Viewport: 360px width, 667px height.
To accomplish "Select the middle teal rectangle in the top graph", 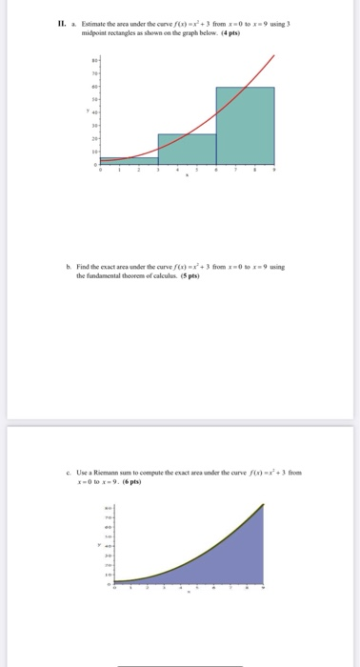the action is pyautogui.click(x=187, y=149).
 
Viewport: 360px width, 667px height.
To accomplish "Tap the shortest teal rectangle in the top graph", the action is pyautogui.click(x=129, y=161).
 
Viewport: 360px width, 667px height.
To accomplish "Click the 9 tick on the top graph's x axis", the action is pyautogui.click(x=275, y=172).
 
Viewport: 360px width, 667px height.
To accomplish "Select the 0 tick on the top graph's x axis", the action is pyautogui.click(x=100, y=172).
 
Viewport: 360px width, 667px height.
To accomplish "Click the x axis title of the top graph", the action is pyautogui.click(x=187, y=178).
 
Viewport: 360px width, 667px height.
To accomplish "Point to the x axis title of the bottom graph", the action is pyautogui.click(x=186, y=596).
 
